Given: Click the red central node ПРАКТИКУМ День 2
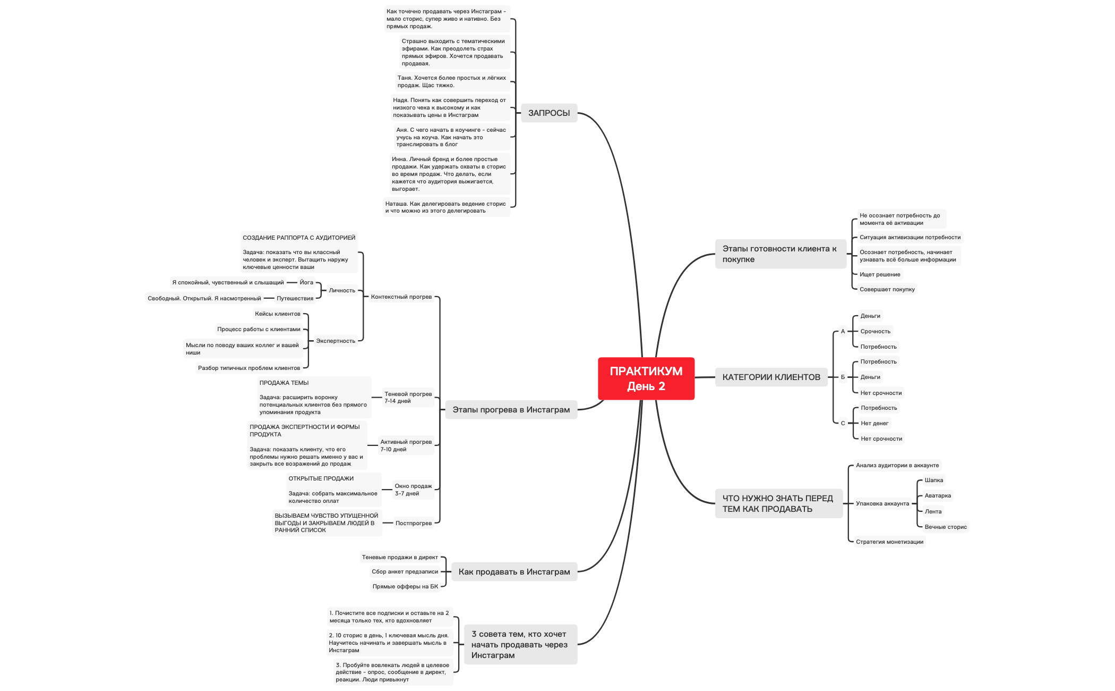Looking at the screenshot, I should tap(646, 378).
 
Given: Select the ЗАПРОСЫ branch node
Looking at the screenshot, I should tap(548, 113).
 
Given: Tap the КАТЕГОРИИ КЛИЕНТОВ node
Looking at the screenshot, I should tap(771, 377).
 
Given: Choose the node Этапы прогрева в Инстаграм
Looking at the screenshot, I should tap(511, 409).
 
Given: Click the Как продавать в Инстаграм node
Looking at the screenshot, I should tap(514, 571).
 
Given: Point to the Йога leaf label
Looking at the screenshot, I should tap(306, 282).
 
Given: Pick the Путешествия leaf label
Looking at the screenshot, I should tap(295, 298).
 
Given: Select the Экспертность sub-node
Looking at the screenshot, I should tap(336, 341).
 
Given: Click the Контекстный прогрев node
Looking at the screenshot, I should tap(401, 297).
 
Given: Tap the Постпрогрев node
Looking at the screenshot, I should tap(414, 523).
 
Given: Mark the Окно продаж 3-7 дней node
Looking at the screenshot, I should tap(413, 490).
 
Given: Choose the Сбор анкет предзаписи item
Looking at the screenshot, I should tap(405, 571).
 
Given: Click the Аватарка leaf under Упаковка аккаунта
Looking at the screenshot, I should tap(938, 495).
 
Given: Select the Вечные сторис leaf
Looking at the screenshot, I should tap(946, 527).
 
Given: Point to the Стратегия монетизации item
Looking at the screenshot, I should tap(889, 542).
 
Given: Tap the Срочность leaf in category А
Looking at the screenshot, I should tap(876, 331).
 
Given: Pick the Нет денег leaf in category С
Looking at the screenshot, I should tap(874, 423).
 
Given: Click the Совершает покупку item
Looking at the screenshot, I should tap(887, 289).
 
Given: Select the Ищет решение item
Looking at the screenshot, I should tap(880, 274).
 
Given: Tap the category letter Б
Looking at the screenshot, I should tap(843, 377).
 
